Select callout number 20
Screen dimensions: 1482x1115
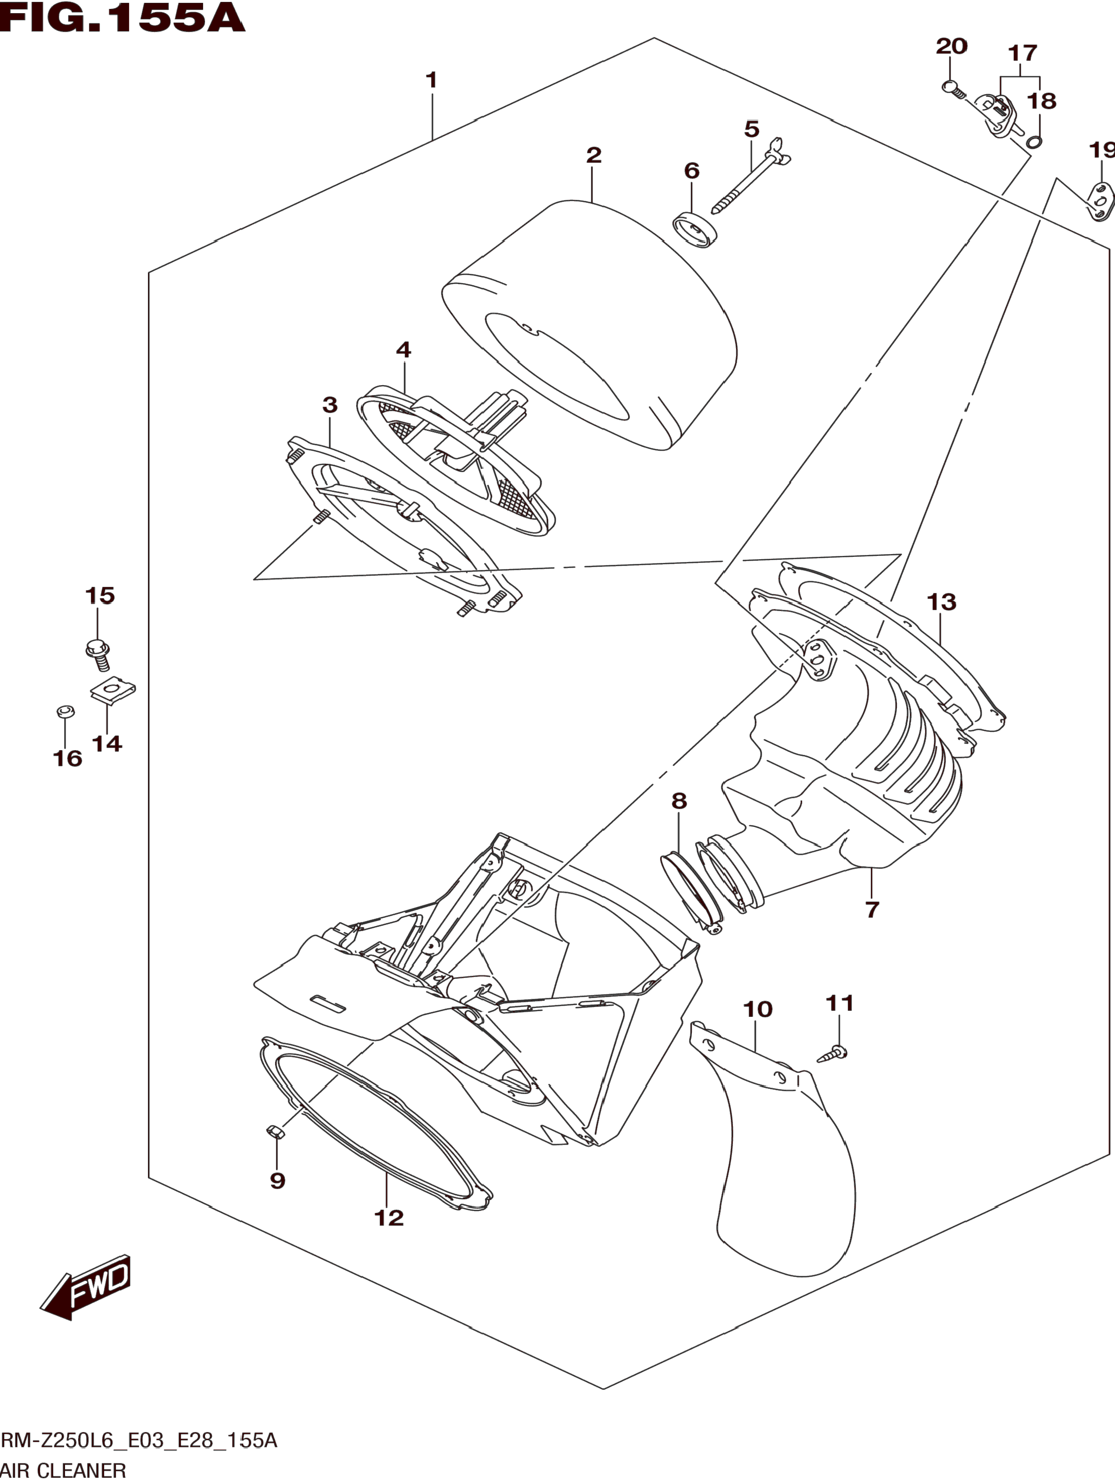pos(952,47)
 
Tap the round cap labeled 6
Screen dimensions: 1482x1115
pos(694,229)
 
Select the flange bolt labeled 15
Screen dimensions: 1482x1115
pos(98,654)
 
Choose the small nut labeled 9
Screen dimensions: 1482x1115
pos(275,1132)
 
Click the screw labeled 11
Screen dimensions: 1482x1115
pos(833,1053)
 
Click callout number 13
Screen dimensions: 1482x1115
pos(941,602)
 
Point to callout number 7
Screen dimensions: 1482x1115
pos(872,909)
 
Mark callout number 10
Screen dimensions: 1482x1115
pos(758,1009)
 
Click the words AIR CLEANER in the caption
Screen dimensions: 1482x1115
pos(64,1471)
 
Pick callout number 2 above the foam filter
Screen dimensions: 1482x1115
pos(594,155)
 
